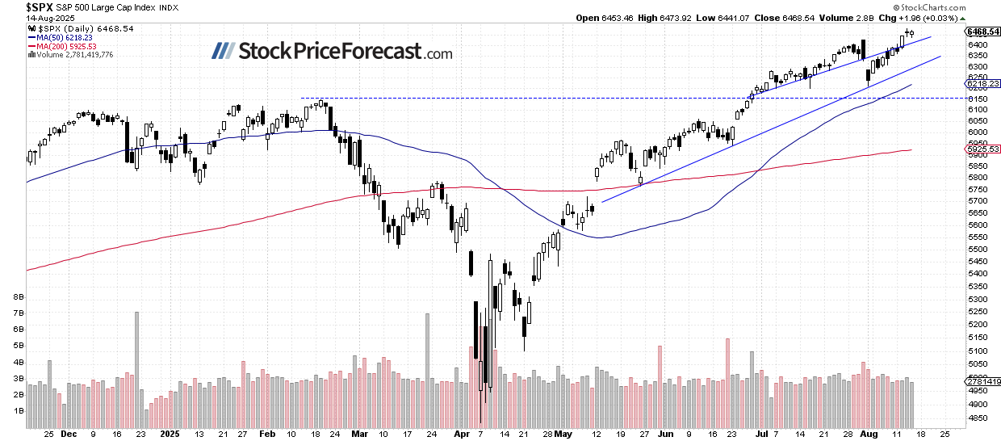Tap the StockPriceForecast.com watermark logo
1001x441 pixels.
pos(332,52)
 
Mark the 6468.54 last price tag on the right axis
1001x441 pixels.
pos(982,31)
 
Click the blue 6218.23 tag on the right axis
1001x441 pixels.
pos(982,83)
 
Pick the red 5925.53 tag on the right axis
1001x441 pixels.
pos(982,149)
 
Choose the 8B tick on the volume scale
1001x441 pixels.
pos(17,297)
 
